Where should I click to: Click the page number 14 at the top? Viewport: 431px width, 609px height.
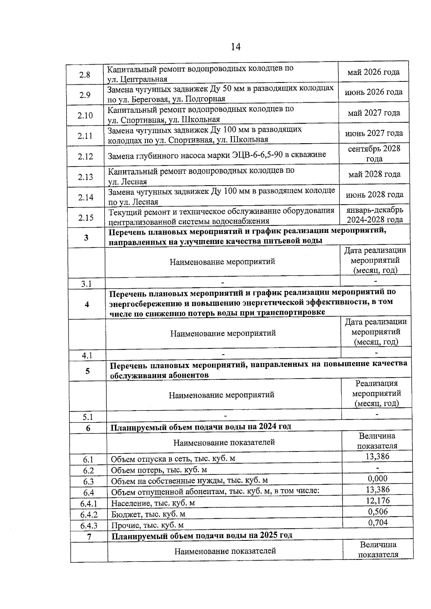click(236, 47)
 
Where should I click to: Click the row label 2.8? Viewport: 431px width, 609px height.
click(85, 75)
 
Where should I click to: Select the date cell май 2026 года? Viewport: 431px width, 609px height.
click(373, 72)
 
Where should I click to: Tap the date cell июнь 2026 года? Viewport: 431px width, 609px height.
click(374, 92)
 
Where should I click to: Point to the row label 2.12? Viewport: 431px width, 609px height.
click(85, 156)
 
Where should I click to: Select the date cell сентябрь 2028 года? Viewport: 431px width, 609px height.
click(374, 154)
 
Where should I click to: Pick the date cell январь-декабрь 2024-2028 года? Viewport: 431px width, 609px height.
click(375, 215)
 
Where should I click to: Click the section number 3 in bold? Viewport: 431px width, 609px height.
click(86, 238)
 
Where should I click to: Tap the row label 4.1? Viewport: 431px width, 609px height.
click(87, 355)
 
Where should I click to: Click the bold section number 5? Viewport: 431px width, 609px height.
click(88, 371)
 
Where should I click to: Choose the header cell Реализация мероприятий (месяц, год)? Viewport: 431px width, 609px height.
click(376, 393)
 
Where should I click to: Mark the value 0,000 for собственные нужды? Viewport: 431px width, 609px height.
click(377, 478)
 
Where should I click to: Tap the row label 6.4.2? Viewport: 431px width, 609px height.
click(89, 515)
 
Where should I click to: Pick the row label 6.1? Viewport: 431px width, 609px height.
click(88, 459)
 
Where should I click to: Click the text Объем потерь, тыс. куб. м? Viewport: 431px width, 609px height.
click(159, 470)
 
